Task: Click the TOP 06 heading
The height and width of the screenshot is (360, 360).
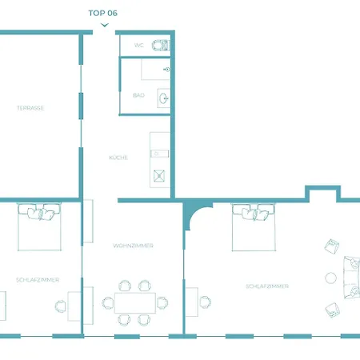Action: click(103, 13)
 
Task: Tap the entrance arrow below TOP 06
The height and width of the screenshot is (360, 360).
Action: click(105, 25)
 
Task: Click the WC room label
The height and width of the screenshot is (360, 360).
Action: click(139, 46)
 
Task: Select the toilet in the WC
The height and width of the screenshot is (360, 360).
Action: click(160, 46)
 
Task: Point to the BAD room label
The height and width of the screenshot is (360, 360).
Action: click(138, 95)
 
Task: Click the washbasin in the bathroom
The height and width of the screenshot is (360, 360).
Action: click(163, 98)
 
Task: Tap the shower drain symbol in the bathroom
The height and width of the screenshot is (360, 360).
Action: click(166, 70)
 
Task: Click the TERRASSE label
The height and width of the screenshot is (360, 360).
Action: click(30, 108)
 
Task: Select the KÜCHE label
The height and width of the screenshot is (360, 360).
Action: click(118, 158)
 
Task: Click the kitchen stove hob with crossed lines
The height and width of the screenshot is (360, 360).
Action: click(159, 176)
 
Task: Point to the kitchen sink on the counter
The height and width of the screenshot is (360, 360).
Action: click(159, 154)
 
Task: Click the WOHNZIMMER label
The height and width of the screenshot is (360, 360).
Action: click(133, 246)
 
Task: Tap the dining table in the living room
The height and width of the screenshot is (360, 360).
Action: click(135, 302)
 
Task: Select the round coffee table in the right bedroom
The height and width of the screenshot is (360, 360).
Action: click(330, 278)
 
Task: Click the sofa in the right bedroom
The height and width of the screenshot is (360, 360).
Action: click(351, 278)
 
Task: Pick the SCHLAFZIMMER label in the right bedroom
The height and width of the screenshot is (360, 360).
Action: click(267, 286)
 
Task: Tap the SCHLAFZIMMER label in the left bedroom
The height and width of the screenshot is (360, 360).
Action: click(38, 280)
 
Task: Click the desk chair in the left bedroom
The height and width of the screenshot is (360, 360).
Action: click(61, 306)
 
